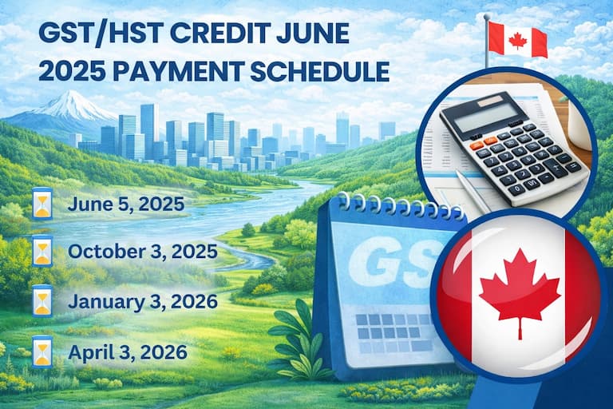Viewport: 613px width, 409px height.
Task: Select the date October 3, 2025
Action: pyautogui.click(x=143, y=252)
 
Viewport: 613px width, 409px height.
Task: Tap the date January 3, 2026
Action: pyautogui.click(x=143, y=301)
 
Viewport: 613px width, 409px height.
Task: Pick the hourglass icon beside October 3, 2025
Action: pyautogui.click(x=42, y=253)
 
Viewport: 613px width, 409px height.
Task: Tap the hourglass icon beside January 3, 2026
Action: pyautogui.click(x=42, y=302)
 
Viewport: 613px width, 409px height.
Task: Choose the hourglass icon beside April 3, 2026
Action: pyautogui.click(x=42, y=351)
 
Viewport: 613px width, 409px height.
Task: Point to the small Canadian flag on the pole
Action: pyautogui.click(x=516, y=38)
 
